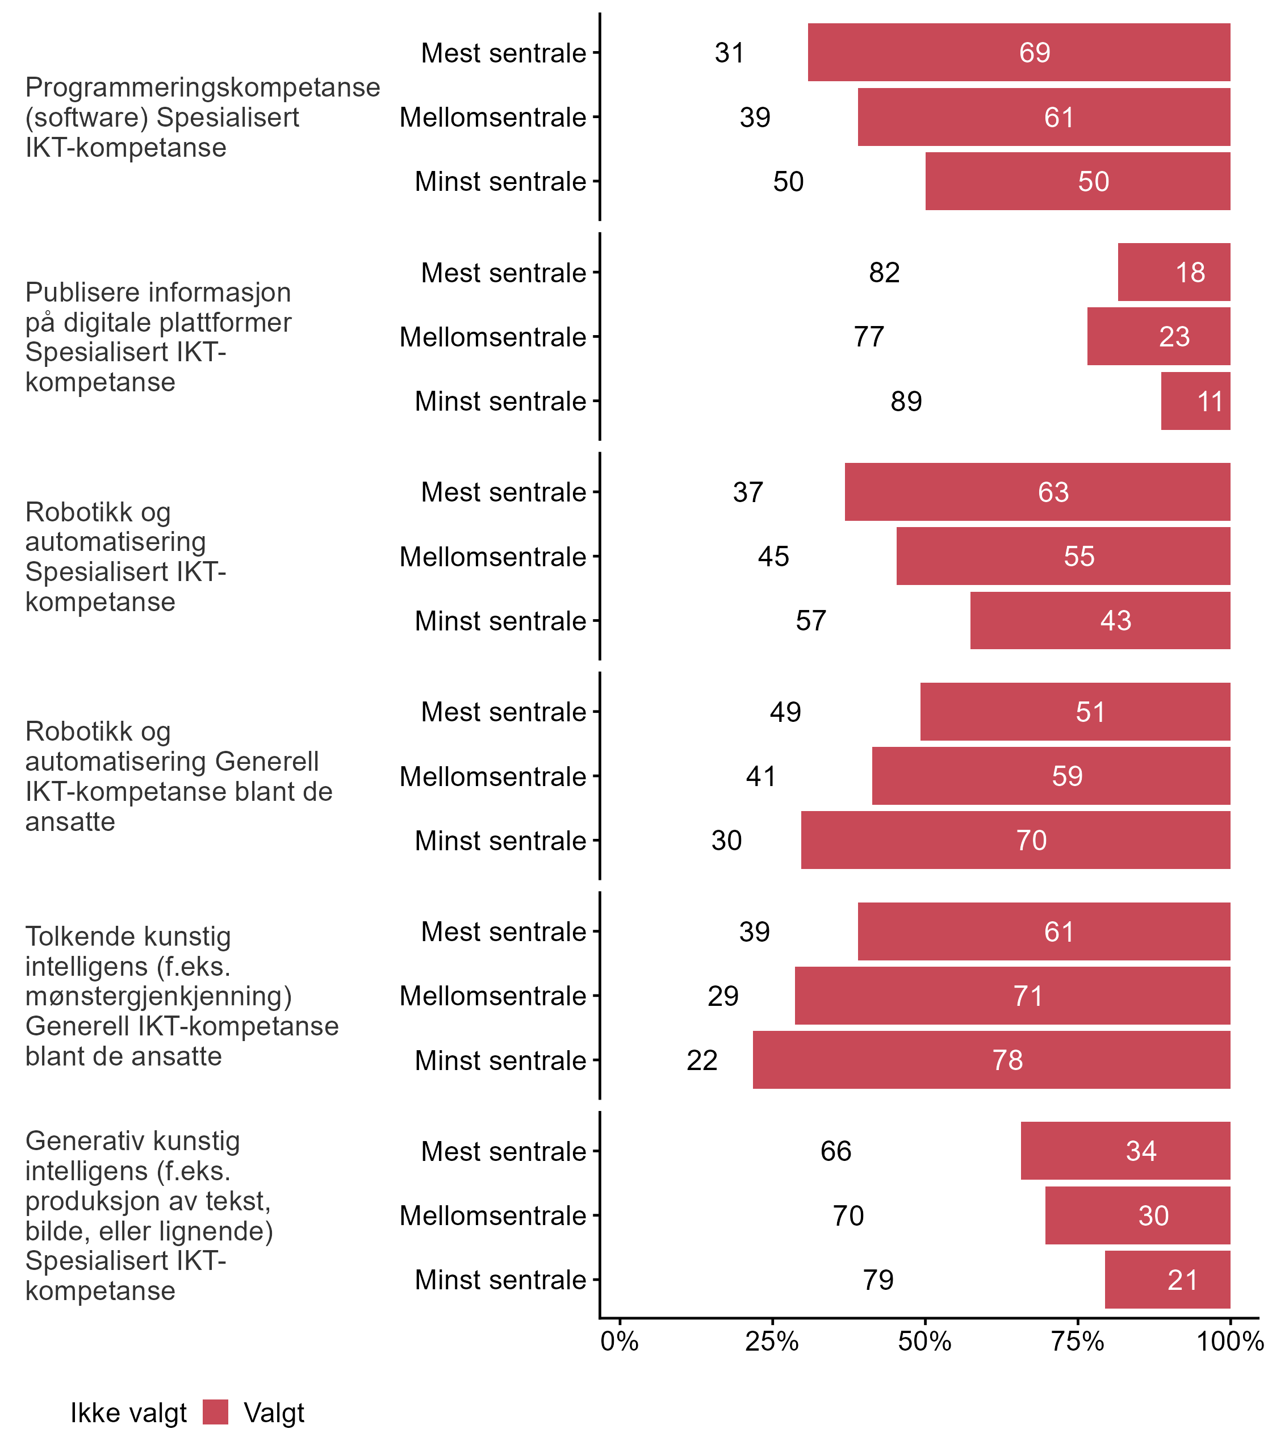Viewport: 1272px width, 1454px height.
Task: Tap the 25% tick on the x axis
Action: [x=772, y=1341]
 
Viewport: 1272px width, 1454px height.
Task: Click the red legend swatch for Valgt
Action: [x=215, y=1412]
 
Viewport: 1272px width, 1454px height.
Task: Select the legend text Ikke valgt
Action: [x=128, y=1413]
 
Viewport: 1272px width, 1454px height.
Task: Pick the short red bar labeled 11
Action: [x=1195, y=401]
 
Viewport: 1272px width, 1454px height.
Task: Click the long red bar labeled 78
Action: [x=991, y=1060]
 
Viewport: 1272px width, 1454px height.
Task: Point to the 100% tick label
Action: [x=1229, y=1341]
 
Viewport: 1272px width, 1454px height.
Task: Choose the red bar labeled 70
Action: [x=1015, y=841]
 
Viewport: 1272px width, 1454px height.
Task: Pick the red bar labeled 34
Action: [x=1125, y=1151]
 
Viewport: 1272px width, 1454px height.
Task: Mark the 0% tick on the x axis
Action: [x=619, y=1341]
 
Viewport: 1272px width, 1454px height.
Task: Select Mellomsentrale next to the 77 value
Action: [x=493, y=337]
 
